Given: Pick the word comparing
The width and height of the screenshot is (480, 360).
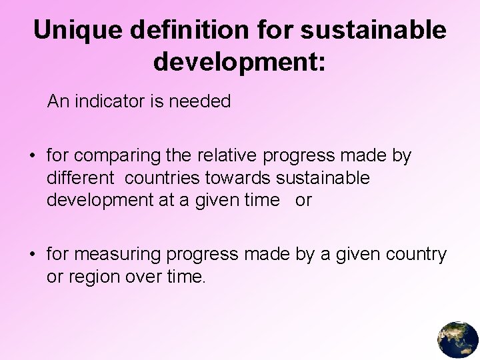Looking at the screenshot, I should pyautogui.click(x=117, y=156).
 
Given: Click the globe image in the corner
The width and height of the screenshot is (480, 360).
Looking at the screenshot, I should pyautogui.click(x=458, y=339).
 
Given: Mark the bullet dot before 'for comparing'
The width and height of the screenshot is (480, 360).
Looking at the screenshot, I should pyautogui.click(x=31, y=157).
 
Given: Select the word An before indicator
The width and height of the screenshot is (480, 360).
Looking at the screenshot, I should pyautogui.click(x=58, y=101).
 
